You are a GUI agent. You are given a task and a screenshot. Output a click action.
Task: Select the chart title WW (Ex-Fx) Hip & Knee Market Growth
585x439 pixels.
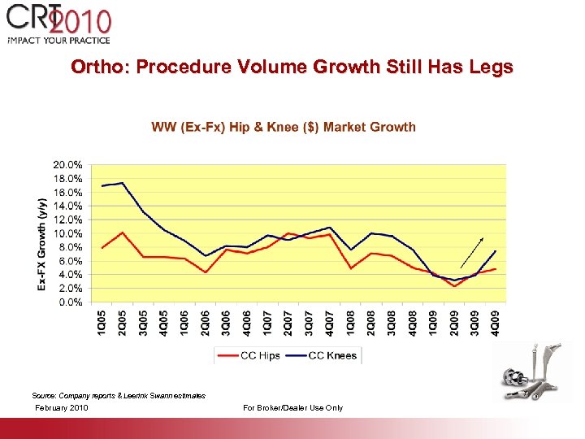284,127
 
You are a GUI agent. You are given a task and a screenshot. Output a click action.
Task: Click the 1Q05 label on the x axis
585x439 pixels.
102,322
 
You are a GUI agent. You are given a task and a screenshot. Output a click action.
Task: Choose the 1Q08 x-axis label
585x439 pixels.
350,322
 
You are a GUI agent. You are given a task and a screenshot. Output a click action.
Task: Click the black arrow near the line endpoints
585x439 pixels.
475,253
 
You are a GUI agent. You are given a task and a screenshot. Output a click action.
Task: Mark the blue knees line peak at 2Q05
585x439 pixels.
122,183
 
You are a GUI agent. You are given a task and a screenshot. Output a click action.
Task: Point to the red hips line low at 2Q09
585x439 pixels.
454,285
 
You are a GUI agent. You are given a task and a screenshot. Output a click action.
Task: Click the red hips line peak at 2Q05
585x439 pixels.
122,233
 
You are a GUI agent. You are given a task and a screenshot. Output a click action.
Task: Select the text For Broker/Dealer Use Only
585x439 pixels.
292,407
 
